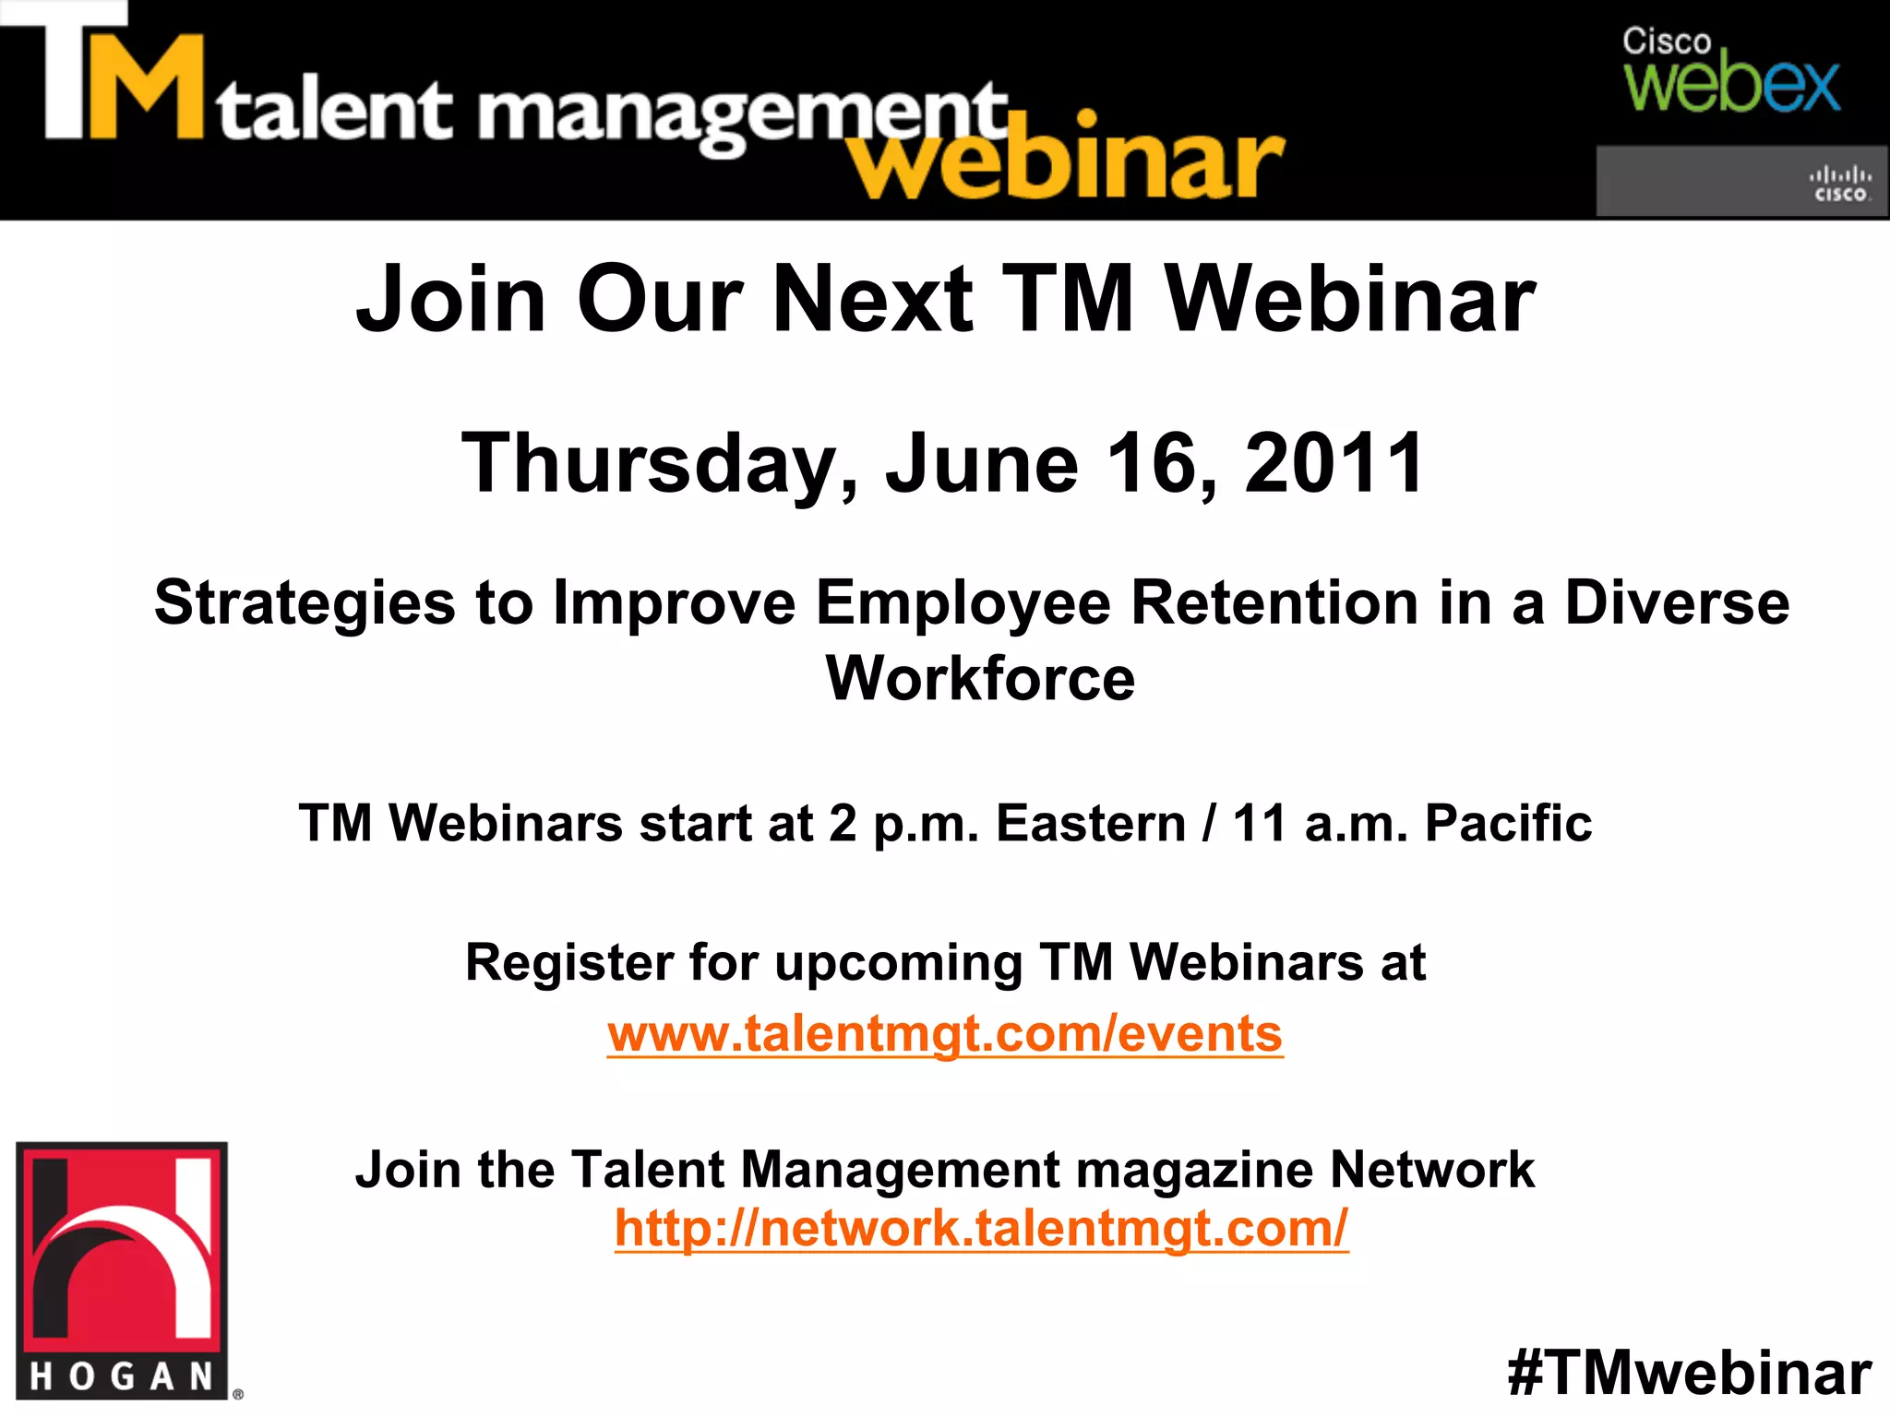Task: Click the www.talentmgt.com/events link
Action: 944,1034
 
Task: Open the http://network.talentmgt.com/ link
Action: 981,1229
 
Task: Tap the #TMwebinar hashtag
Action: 1689,1373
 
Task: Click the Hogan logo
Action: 122,1270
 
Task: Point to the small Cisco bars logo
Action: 1839,184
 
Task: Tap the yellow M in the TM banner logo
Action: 146,88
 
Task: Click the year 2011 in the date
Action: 1334,463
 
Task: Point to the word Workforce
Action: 980,679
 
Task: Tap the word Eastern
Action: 1090,823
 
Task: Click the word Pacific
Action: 1508,823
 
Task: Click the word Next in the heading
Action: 873,300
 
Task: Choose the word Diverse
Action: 1677,603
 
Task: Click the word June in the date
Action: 981,463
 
